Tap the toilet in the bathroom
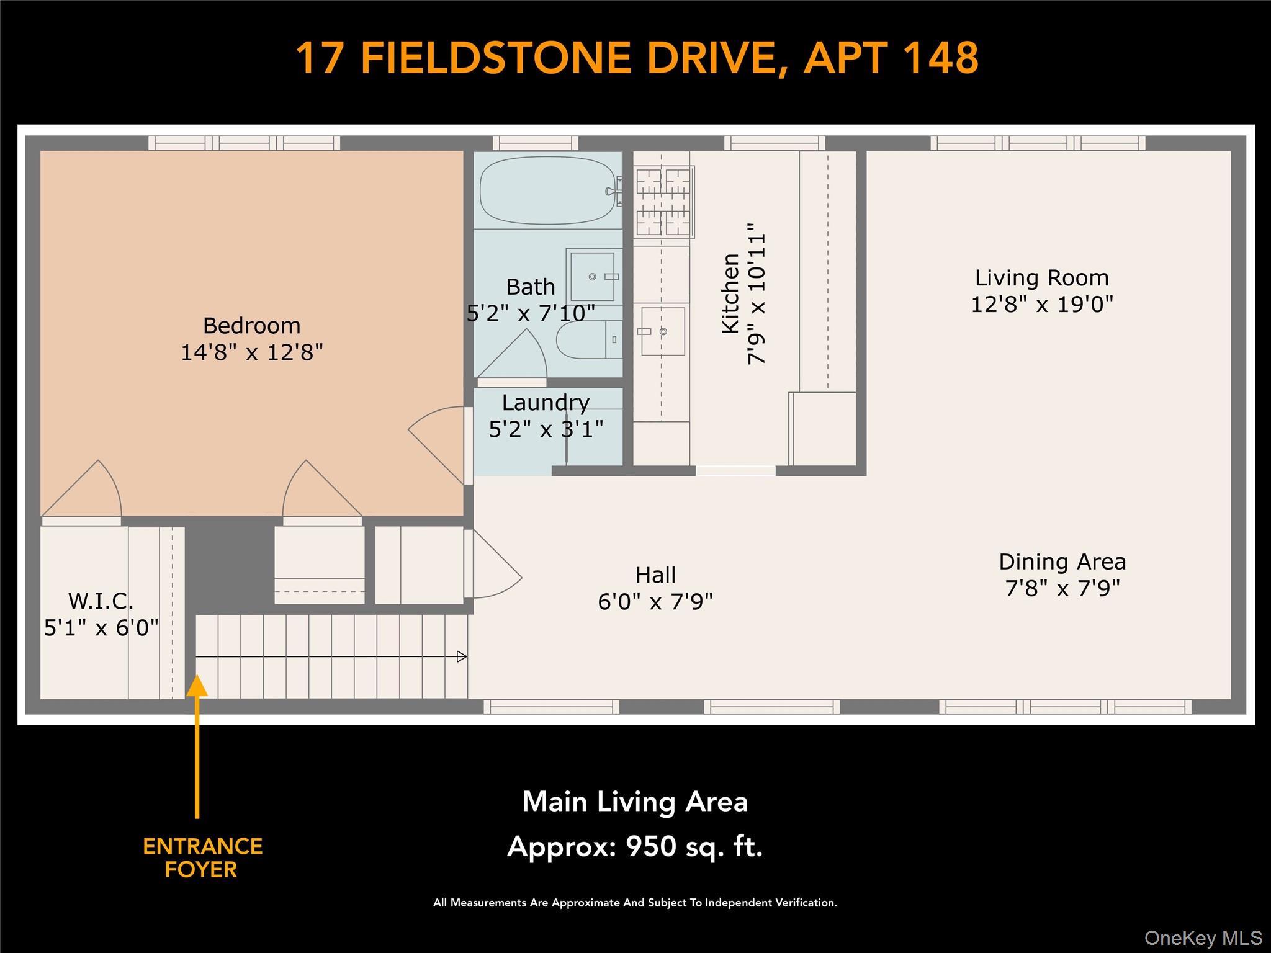(588, 339)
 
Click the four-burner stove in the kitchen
(663, 202)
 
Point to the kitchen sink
(663, 331)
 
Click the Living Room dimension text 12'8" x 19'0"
(1042, 304)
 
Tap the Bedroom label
(252, 326)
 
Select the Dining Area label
(1062, 562)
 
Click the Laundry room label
(546, 403)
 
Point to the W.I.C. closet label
(101, 601)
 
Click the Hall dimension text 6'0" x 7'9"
(655, 601)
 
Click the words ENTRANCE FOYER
(202, 857)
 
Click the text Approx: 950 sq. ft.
(635, 846)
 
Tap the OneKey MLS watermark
(1203, 937)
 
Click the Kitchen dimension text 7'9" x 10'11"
(757, 293)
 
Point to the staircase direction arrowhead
(462, 656)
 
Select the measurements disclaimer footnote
(635, 903)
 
